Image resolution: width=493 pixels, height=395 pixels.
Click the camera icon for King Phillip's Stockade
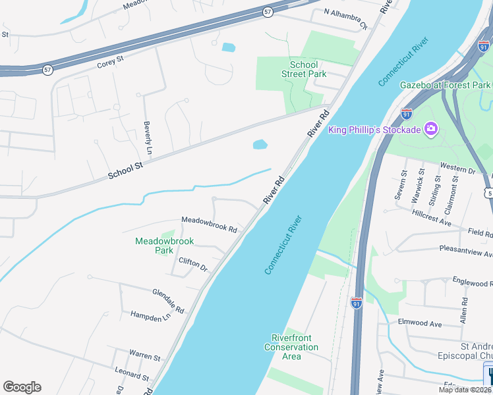pyautogui.click(x=430, y=128)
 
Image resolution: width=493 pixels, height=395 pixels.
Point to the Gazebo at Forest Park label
pyautogui.click(x=446, y=85)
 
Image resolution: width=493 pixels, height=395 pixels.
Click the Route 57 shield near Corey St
pyautogui.click(x=47, y=69)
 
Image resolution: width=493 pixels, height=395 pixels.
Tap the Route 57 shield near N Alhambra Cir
pyautogui.click(x=266, y=13)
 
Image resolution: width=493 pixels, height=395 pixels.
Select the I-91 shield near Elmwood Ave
pyautogui.click(x=356, y=303)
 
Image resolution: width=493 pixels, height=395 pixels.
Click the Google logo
pyautogui.click(x=22, y=387)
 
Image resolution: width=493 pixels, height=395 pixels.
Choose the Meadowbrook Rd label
pyautogui.click(x=209, y=224)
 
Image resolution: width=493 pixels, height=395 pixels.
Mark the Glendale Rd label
pyautogui.click(x=169, y=300)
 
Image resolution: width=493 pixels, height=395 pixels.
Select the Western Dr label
pyautogui.click(x=457, y=170)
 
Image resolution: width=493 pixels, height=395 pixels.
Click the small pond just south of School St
pyautogui.click(x=260, y=144)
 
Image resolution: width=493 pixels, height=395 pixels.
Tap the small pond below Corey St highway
pyautogui.click(x=229, y=47)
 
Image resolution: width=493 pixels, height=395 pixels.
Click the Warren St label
pyautogui.click(x=144, y=356)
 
